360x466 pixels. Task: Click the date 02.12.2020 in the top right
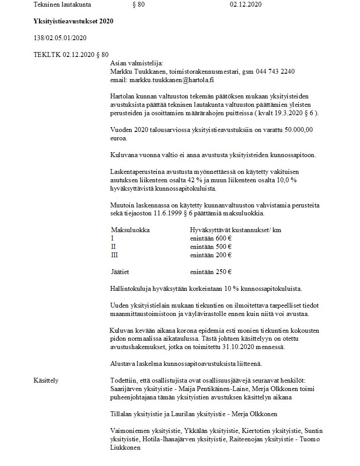246,5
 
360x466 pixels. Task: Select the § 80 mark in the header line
139,5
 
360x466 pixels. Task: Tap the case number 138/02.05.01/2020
60,38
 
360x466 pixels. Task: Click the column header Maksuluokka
131,230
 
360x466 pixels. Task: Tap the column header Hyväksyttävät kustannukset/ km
235,230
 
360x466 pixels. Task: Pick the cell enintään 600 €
211,238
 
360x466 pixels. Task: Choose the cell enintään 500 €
211,247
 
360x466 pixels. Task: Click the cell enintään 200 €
211,255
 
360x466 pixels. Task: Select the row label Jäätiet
120,272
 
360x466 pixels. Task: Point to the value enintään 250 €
211,272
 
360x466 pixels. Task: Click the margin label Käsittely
46,380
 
